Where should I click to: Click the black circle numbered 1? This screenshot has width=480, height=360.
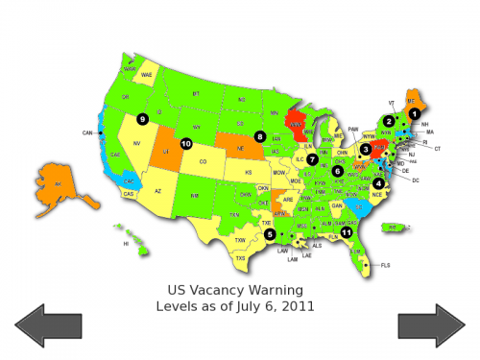pos(415,113)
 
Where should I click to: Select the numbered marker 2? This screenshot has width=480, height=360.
pos(389,121)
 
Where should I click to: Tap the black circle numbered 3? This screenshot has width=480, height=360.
pos(366,149)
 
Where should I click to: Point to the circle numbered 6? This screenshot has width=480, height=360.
pos(338,171)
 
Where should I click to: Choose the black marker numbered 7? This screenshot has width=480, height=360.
pos(312,158)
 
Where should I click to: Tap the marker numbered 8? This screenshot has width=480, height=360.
pos(260,136)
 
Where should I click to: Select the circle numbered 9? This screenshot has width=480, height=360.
pos(142,119)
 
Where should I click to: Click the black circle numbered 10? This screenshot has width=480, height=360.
pos(186,144)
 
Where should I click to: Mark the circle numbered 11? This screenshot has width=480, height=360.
pos(347,231)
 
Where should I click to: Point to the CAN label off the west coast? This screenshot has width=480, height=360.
pos(86,132)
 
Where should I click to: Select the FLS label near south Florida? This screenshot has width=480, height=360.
pos(386,264)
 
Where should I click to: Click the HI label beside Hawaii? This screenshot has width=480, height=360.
pos(125,244)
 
